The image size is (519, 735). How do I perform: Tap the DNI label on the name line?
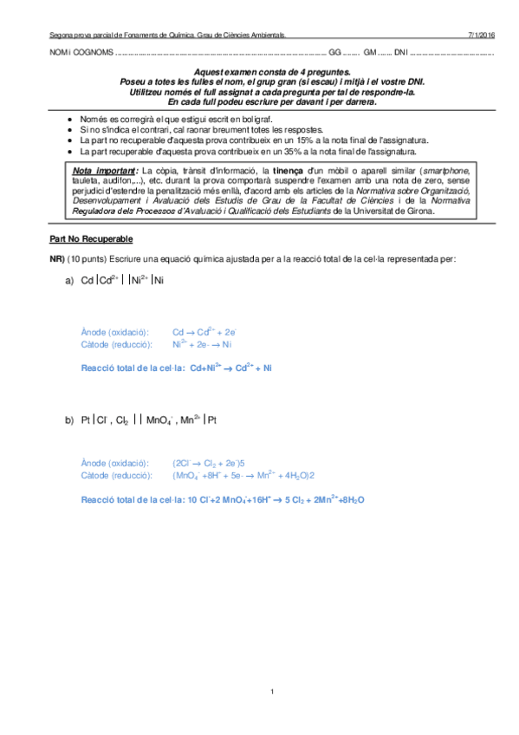(400, 53)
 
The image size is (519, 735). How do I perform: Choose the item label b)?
(69, 420)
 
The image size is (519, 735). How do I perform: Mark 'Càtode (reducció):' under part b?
(114, 475)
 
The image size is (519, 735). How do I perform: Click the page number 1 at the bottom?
(272, 691)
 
